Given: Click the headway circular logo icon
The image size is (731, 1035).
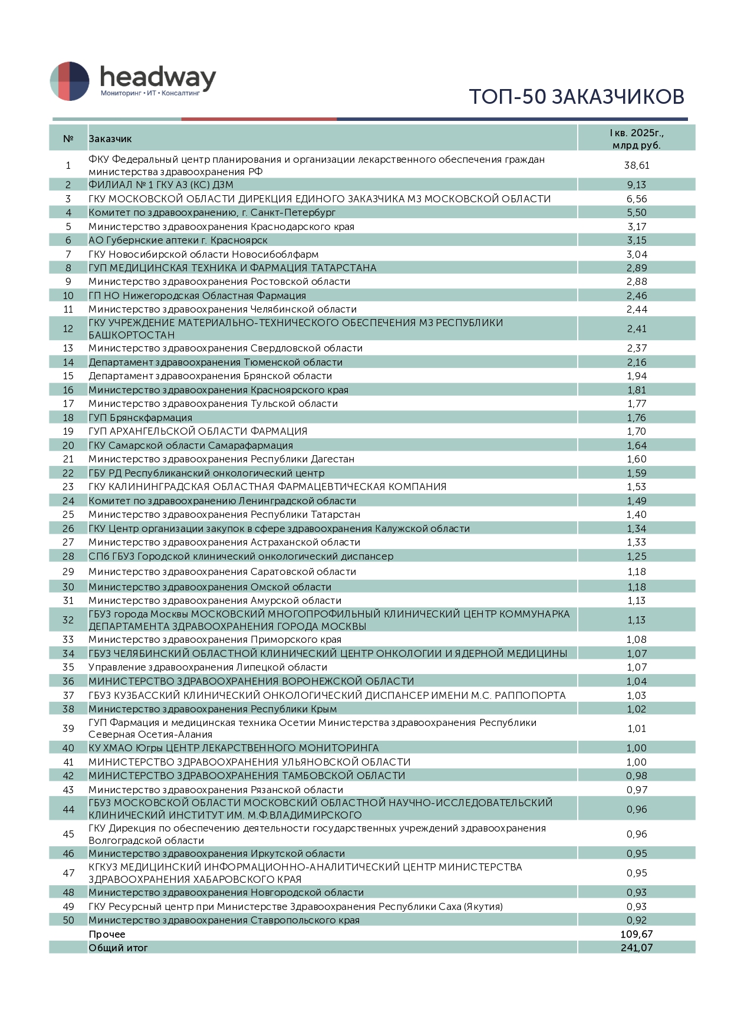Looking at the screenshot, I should tap(70, 81).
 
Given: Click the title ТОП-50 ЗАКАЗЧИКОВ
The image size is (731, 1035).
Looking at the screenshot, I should tap(576, 97).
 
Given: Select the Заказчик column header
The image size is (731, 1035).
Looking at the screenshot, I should tap(110, 139).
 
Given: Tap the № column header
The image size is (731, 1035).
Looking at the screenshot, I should tap(68, 139).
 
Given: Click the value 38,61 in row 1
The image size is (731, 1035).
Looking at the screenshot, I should tap(636, 166).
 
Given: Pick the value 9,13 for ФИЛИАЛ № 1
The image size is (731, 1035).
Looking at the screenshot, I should tap(636, 185).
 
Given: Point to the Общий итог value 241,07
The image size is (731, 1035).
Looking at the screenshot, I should tap(636, 948).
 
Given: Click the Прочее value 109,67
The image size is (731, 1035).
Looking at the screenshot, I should tap(636, 934).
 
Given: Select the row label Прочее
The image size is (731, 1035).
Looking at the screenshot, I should tap(107, 934).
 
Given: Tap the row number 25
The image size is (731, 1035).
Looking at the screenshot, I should tap(68, 515).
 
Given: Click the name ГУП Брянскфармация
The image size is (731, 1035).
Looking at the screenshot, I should tap(140, 418).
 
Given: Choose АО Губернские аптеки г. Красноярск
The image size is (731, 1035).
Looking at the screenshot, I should tap(178, 241).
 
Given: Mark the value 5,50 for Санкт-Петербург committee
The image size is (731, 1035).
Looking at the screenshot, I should tap(636, 213).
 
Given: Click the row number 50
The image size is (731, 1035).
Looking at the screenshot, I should tap(68, 921).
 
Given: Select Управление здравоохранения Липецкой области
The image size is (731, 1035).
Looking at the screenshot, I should tap(208, 668).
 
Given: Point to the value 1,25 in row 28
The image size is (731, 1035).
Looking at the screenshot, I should tap(636, 557).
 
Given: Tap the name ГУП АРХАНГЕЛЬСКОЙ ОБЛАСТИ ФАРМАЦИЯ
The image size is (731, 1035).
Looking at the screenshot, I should tap(197, 432).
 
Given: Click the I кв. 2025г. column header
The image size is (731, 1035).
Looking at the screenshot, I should tap(636, 139).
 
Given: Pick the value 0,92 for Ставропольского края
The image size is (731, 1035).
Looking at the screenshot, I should tap(636, 921).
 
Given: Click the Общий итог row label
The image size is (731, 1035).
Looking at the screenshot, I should tap(118, 948).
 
